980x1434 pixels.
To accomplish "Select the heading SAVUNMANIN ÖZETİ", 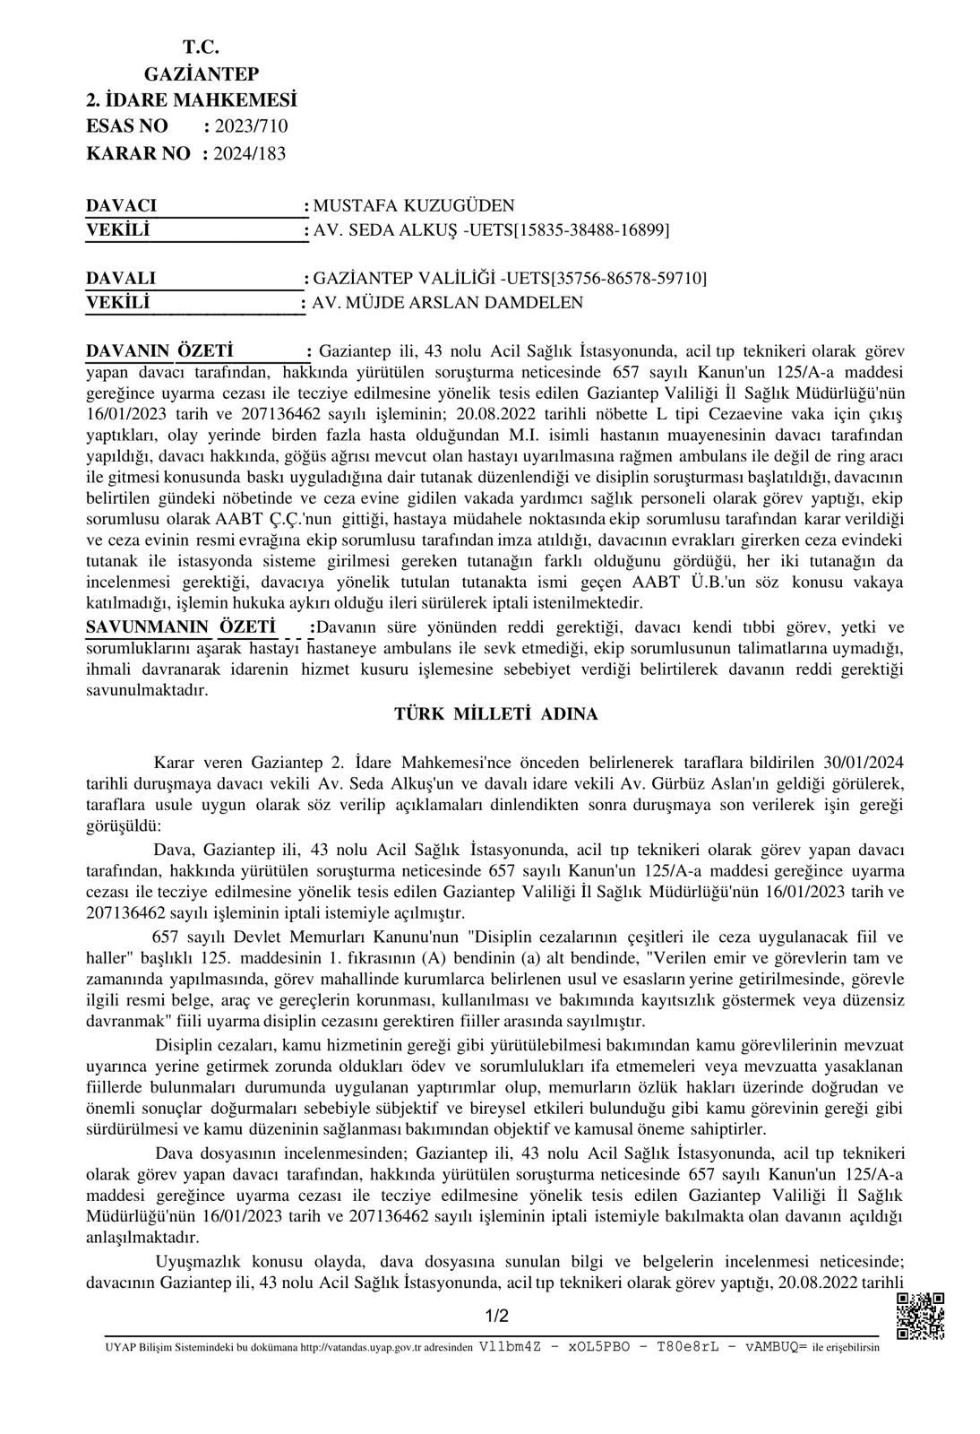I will [180, 626].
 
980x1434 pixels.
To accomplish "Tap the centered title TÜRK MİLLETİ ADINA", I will [496, 714].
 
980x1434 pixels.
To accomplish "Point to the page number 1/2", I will [496, 1317].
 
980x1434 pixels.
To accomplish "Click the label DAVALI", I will [121, 278].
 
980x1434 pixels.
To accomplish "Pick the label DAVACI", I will [122, 206].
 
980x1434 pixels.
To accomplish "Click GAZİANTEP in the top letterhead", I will [202, 73].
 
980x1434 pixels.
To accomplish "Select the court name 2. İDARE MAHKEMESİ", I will [191, 99].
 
